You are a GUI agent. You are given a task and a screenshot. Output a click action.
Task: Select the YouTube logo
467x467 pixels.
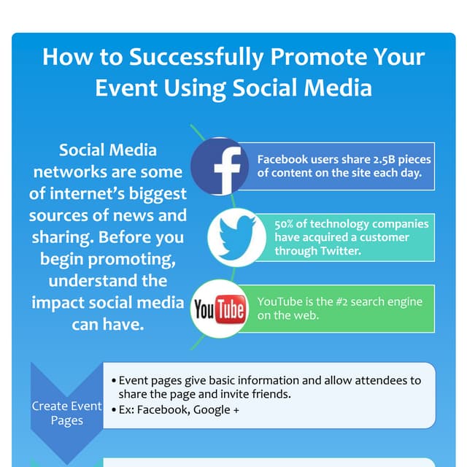point(218,309)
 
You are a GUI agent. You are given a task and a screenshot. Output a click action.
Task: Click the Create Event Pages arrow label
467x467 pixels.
point(67,413)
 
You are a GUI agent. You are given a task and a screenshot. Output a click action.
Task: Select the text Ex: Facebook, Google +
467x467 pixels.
point(179,409)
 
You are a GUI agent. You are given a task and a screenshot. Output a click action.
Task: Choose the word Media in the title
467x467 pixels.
point(338,88)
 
